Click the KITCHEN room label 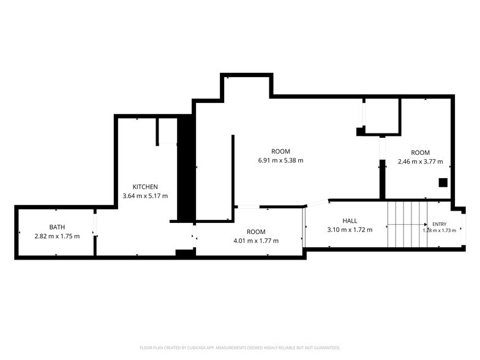(145, 187)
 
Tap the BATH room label (57, 227)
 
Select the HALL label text (350, 220)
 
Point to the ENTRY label (440, 224)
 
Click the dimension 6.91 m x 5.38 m (280, 160)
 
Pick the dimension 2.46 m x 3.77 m (420, 162)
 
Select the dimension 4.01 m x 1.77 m (256, 241)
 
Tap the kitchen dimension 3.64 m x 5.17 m (145, 196)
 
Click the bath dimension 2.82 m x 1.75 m (57, 236)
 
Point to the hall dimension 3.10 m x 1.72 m (350, 230)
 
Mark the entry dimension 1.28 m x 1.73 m (440, 230)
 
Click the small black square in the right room (443, 182)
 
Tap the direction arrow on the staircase (408, 225)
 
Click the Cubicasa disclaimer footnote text (240, 348)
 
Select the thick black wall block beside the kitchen (186, 168)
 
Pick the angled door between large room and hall (317, 203)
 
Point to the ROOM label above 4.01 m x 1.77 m (256, 231)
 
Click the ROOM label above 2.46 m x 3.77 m (420, 152)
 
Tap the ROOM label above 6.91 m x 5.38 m (280, 151)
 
